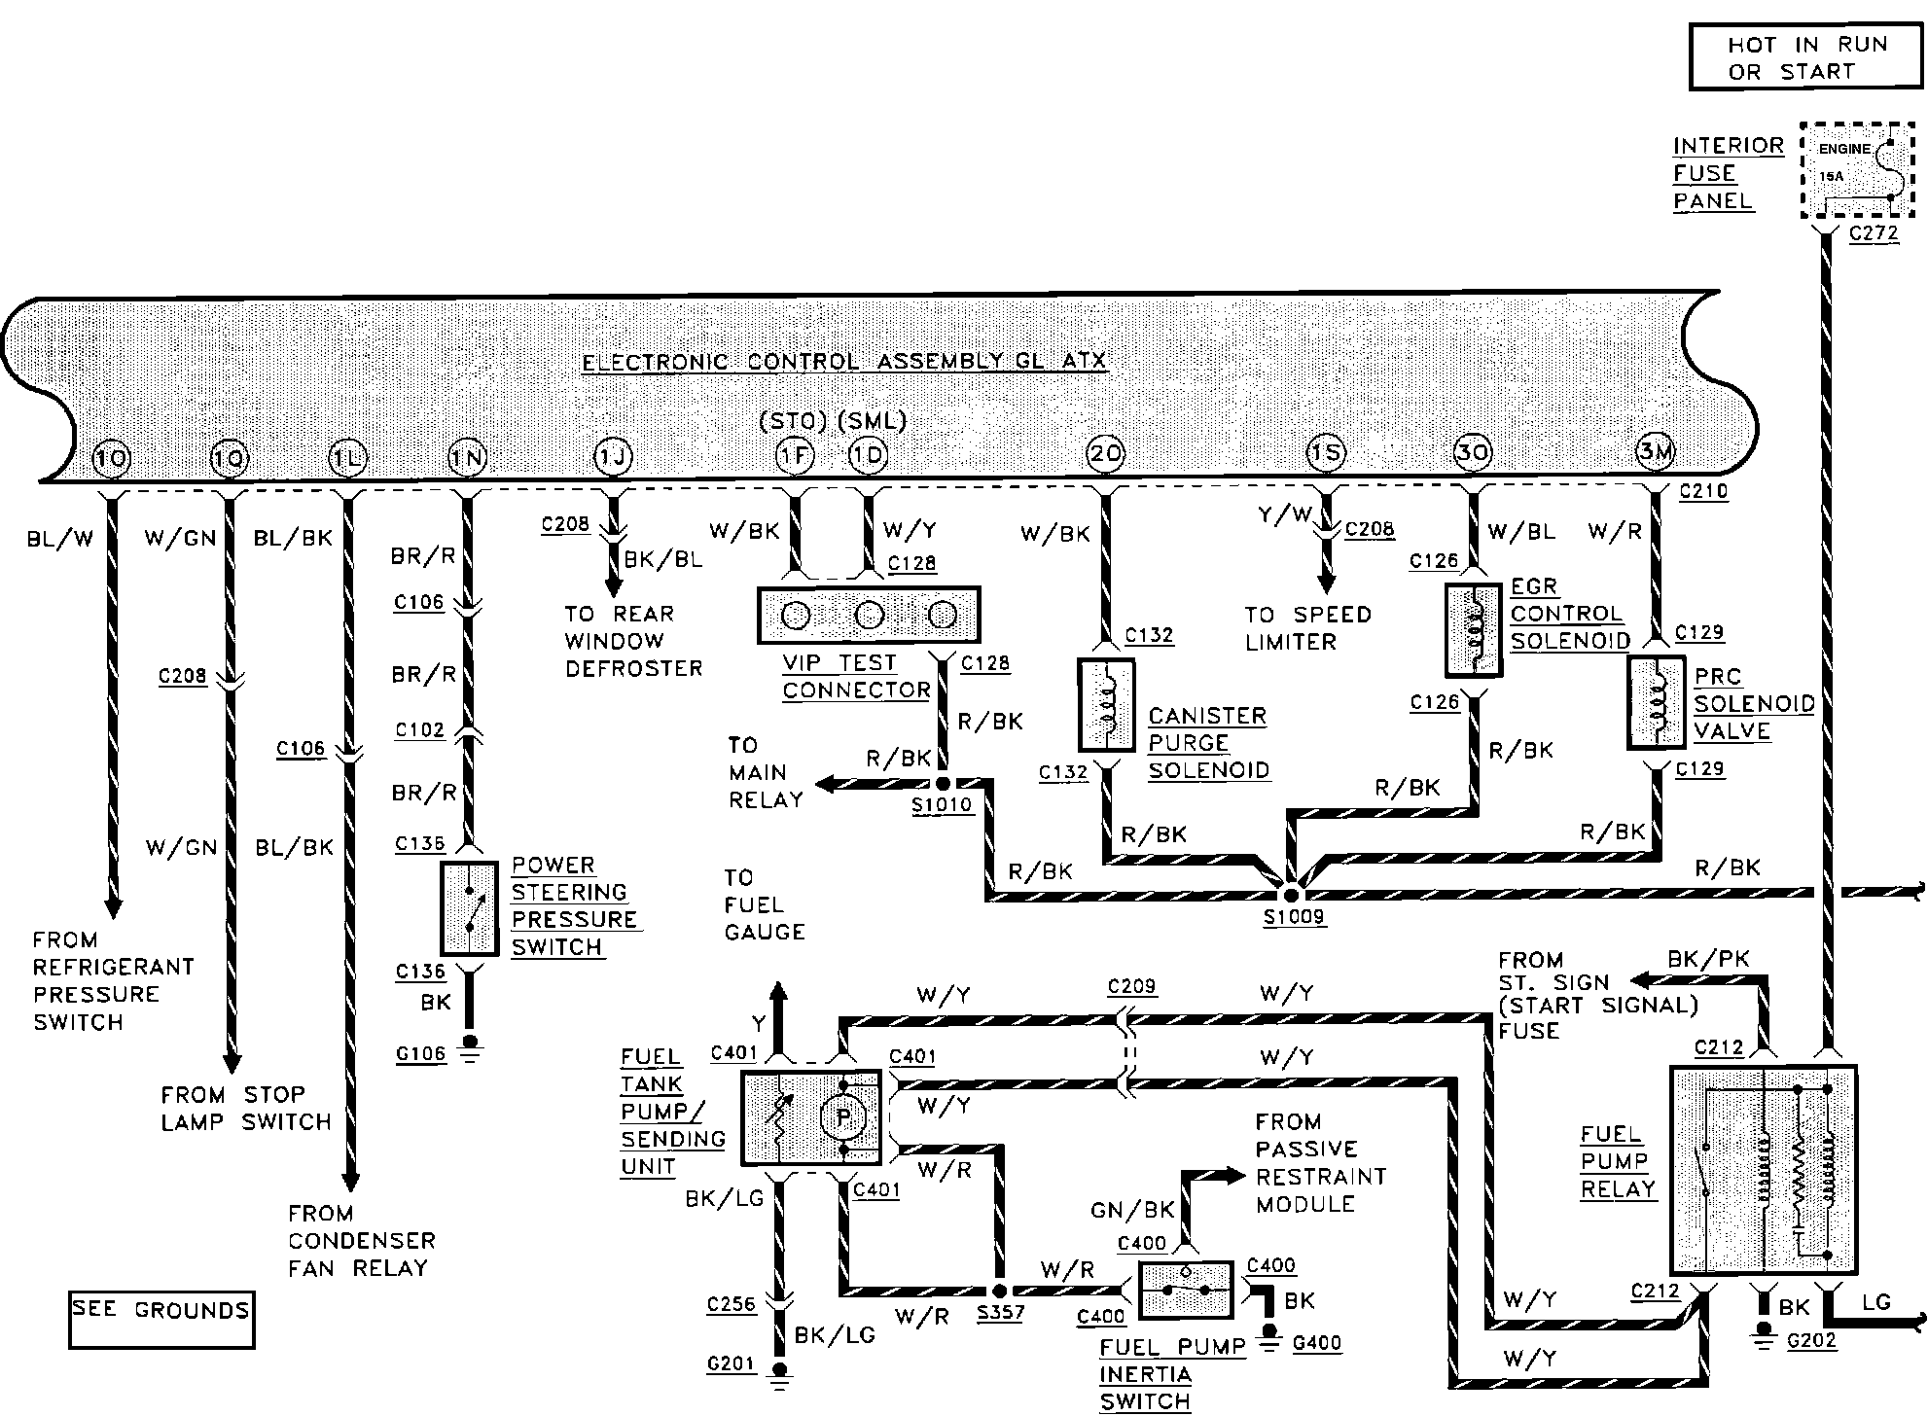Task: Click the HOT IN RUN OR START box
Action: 1806,57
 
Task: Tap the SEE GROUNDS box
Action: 161,1319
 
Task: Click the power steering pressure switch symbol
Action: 470,908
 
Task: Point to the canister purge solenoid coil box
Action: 1106,705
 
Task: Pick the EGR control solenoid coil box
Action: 1474,630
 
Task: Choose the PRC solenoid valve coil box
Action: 1657,703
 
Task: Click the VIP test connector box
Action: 869,615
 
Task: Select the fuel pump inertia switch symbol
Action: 1186,1291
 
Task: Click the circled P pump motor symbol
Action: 843,1118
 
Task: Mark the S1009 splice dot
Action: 1291,894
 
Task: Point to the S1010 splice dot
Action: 943,783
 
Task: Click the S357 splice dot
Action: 999,1291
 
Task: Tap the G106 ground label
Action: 420,1053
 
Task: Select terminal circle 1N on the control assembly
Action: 467,457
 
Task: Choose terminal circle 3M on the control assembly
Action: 1656,451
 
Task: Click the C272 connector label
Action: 1873,233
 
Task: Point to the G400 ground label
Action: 1317,1343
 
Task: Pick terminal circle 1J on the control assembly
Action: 613,457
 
